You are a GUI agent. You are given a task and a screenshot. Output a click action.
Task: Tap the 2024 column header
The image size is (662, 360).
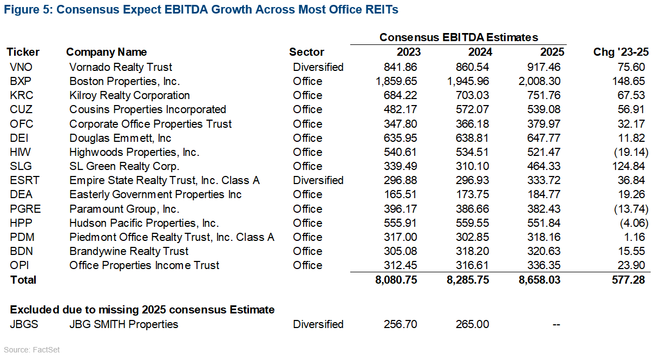(x=480, y=52)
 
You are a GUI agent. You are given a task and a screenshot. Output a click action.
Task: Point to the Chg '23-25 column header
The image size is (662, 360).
(x=621, y=52)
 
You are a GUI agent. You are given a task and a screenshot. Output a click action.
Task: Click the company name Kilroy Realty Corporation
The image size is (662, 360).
(x=129, y=95)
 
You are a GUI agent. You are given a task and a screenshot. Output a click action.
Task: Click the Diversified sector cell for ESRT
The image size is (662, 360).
(x=318, y=180)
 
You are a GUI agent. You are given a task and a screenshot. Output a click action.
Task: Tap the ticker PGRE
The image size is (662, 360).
(x=22, y=209)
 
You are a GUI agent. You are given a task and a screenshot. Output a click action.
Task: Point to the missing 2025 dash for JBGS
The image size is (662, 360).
(x=555, y=324)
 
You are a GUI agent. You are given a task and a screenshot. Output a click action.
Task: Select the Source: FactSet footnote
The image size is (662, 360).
(x=32, y=350)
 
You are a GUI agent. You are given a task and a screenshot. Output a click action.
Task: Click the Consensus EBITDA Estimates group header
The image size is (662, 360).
(x=458, y=37)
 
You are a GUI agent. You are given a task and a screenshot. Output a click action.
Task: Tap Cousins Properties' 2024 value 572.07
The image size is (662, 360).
(x=474, y=110)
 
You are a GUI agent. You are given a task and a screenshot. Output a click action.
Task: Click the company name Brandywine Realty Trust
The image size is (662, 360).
(x=129, y=251)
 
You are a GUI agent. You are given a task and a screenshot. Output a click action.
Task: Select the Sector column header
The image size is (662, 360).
(x=306, y=52)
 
